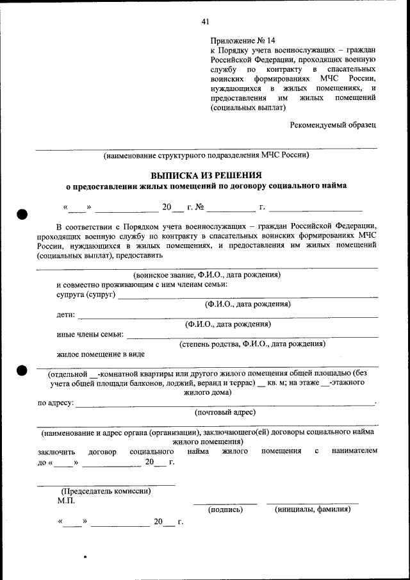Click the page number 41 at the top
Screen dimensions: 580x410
[205, 21]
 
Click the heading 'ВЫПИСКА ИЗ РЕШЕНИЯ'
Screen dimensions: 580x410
[206, 175]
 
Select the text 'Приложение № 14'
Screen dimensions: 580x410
[238, 40]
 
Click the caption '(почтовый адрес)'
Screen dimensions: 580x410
[225, 412]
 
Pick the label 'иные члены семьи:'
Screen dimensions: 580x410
[90, 334]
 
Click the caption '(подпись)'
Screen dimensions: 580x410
[225, 510]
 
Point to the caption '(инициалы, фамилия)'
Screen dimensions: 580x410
[312, 510]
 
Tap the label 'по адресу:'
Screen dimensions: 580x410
[55, 402]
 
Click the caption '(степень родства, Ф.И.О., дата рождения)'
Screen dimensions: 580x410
[252, 344]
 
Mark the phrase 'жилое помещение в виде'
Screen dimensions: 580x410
[100, 354]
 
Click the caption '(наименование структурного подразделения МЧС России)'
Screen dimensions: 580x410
[206, 154]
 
